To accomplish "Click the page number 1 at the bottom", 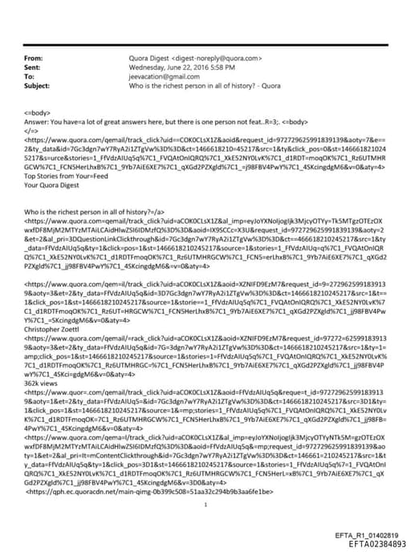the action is tap(205, 482).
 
